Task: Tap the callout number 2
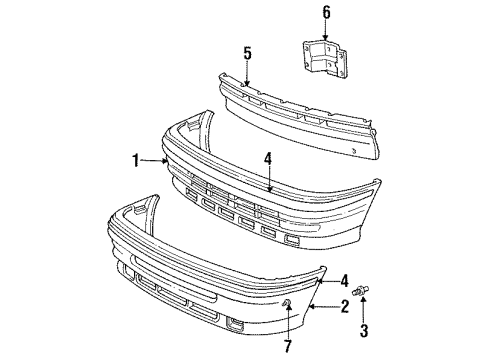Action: [x=343, y=307]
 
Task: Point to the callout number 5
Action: [x=247, y=54]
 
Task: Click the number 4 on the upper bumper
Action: [x=268, y=157]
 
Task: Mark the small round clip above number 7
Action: [x=287, y=303]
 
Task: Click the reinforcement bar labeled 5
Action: [x=300, y=105]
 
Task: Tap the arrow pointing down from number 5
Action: [x=247, y=71]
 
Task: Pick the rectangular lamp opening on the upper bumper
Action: [x=293, y=241]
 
